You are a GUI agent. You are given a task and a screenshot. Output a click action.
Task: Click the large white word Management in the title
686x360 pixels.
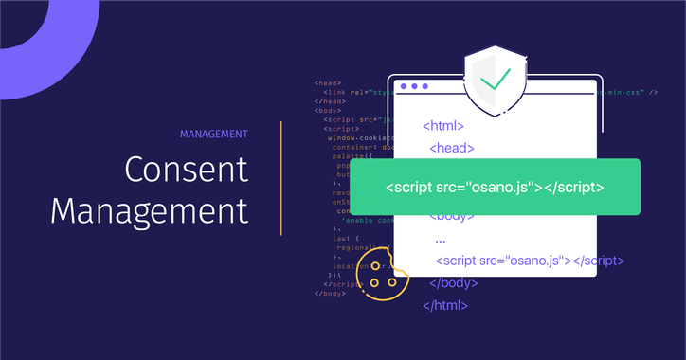(x=150, y=209)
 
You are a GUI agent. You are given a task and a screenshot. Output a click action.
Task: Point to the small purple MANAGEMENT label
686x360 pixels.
(x=213, y=134)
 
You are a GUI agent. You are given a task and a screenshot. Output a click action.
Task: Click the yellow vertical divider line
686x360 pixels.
(x=281, y=177)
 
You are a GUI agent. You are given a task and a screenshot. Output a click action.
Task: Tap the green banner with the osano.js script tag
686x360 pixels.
(x=495, y=187)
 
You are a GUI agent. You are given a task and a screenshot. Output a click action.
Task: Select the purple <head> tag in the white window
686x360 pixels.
(x=452, y=147)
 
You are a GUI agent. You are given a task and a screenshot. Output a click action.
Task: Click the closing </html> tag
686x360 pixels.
(x=445, y=305)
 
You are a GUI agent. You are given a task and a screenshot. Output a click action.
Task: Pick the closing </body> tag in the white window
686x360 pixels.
(x=452, y=283)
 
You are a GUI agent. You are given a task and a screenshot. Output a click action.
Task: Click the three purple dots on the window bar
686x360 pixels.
(x=414, y=86)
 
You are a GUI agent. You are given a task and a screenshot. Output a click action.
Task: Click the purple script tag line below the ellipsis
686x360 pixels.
(x=530, y=261)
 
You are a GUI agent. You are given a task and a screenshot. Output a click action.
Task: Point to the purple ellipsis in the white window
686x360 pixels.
(x=441, y=239)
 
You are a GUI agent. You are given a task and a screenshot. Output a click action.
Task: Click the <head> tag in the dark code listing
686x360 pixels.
(x=328, y=83)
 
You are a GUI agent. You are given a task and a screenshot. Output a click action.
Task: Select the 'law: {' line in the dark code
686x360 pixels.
(x=345, y=239)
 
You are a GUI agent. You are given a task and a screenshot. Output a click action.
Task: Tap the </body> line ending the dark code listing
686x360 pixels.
(x=330, y=294)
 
